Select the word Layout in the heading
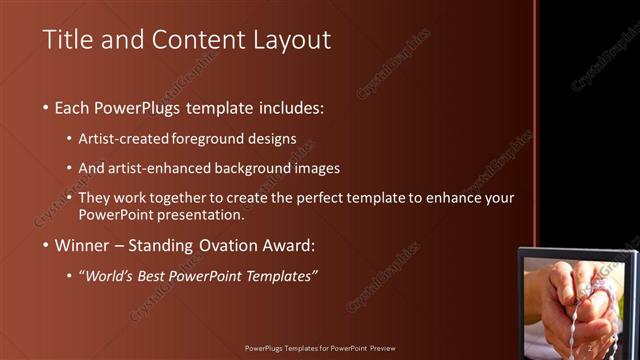292,40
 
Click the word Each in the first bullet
72,107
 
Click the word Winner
82,245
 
